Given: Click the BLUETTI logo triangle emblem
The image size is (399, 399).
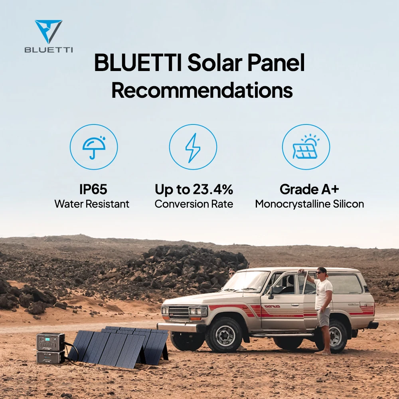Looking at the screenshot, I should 48,31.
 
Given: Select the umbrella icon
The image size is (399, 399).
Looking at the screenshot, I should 94,146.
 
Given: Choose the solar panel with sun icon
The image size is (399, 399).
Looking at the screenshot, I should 306,147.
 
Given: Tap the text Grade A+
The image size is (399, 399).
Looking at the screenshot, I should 309,189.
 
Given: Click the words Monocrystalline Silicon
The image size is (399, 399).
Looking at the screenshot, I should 309,204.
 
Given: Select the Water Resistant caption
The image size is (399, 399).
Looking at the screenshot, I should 92,204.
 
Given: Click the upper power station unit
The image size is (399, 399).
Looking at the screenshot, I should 50,342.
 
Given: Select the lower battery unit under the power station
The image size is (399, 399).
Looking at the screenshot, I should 50,357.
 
